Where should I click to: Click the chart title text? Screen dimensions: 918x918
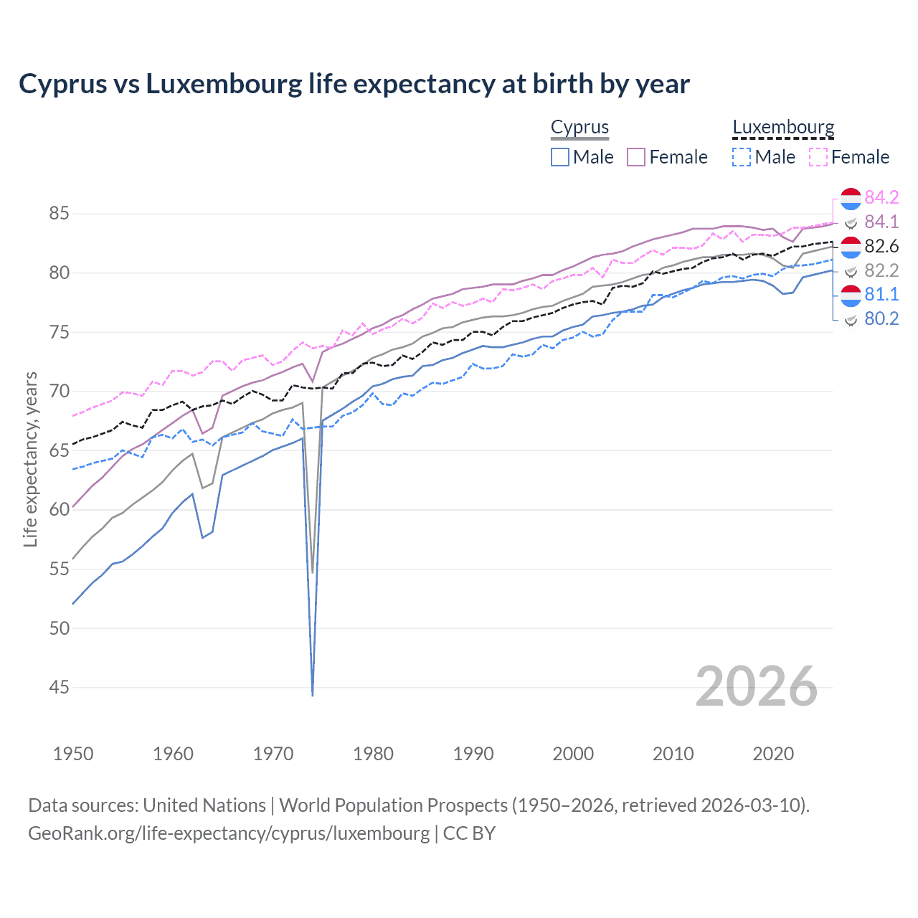click(x=354, y=84)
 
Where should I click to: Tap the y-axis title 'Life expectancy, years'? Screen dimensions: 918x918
click(x=30, y=459)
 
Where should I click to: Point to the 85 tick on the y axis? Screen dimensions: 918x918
click(x=60, y=214)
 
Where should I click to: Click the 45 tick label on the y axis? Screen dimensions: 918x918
click(x=60, y=687)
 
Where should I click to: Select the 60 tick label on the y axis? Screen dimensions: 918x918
click(x=60, y=510)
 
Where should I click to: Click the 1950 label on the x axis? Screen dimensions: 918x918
click(x=73, y=754)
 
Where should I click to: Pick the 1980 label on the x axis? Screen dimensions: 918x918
click(x=373, y=754)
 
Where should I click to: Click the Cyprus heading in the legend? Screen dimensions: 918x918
click(x=579, y=127)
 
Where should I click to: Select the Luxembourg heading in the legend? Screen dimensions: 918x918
click(x=783, y=127)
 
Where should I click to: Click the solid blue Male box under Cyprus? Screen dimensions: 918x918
click(x=560, y=157)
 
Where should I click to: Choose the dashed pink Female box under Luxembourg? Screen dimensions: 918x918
click(x=818, y=157)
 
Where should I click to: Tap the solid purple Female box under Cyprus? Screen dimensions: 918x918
click(x=636, y=157)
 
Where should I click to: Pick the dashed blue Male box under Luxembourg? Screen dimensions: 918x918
click(x=742, y=157)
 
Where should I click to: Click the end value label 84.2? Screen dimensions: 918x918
click(x=881, y=198)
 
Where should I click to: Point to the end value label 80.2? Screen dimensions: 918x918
click(x=881, y=319)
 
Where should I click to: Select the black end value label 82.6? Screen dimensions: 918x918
click(x=881, y=247)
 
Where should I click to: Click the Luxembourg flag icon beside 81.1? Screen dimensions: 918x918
click(x=851, y=295)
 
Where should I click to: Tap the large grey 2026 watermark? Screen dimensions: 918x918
click(x=756, y=686)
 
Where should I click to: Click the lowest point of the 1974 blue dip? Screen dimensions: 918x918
click(x=313, y=695)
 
